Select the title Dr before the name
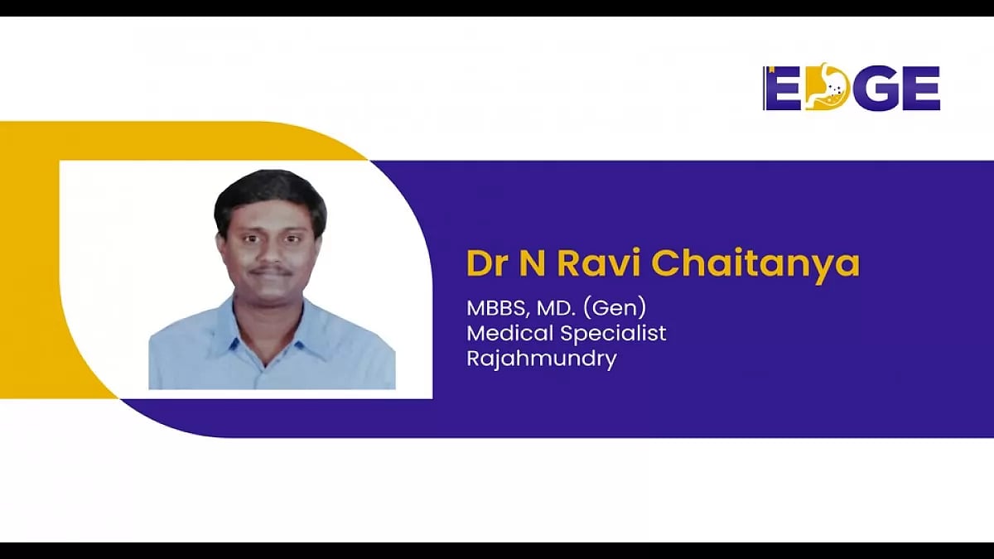pyautogui.click(x=485, y=263)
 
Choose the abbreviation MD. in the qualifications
pyautogui.click(x=554, y=308)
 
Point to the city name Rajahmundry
pyautogui.click(x=541, y=359)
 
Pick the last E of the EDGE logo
pyautogui.click(x=921, y=89)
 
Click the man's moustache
pyautogui.click(x=271, y=271)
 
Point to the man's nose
pyautogui.click(x=271, y=253)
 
